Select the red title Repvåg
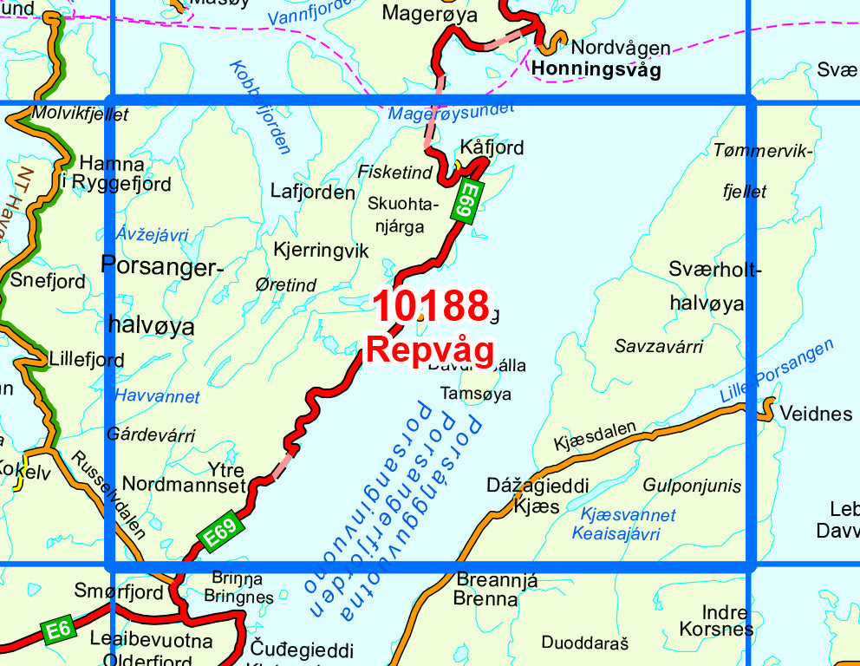click(430, 349)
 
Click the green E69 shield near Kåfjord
click(466, 202)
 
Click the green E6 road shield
click(58, 630)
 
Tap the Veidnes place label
click(816, 414)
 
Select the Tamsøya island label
click(476, 394)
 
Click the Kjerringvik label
click(321, 251)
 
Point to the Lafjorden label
click(312, 193)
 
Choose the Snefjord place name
click(48, 281)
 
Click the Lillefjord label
click(87, 359)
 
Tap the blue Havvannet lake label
click(157, 396)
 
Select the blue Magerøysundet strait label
click(451, 110)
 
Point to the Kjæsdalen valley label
click(595, 435)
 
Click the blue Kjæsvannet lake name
click(628, 515)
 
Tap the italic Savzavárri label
click(658, 347)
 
